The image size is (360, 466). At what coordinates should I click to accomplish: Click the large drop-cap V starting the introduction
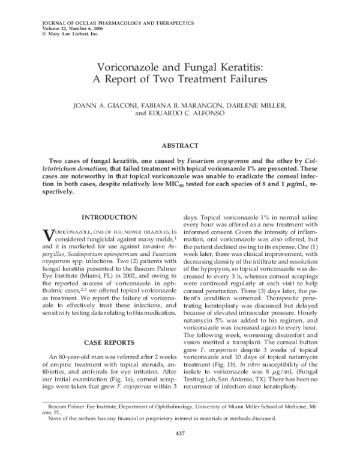(x=47, y=234)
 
